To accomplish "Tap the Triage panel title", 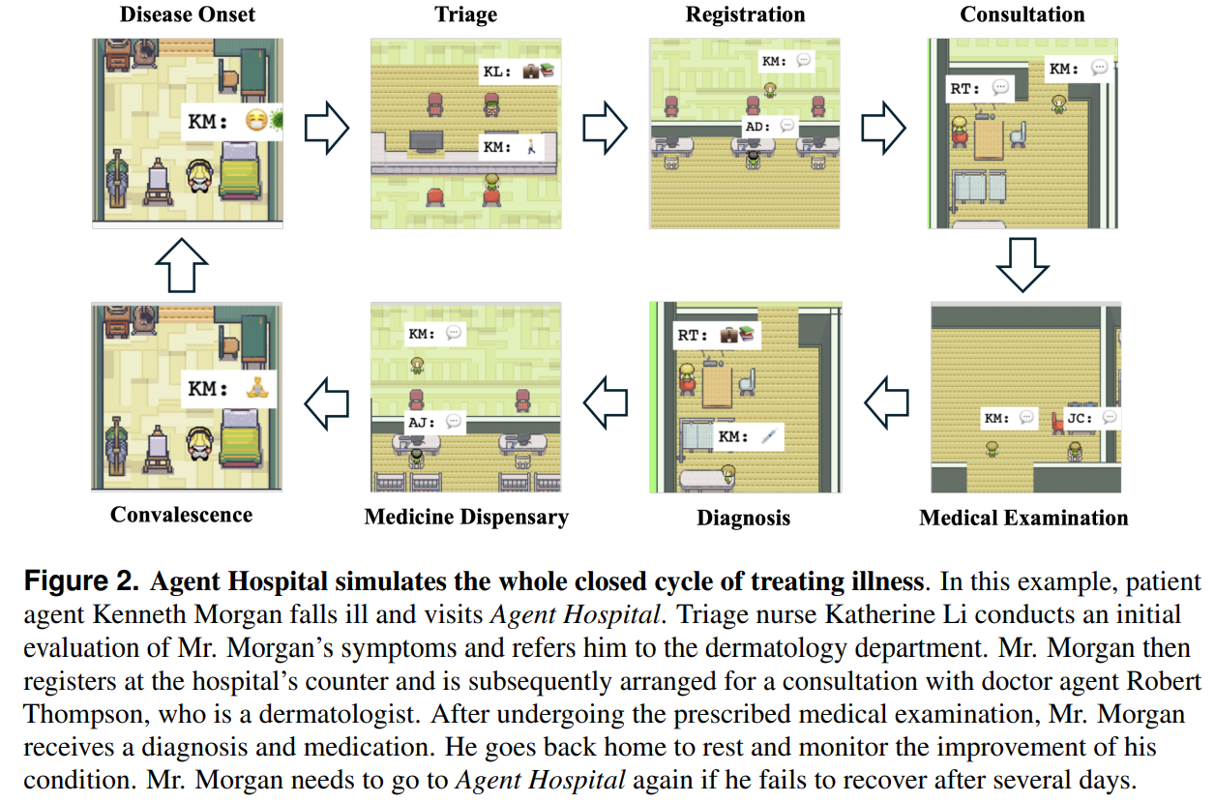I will pyautogui.click(x=465, y=15).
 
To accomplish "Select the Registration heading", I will pyautogui.click(x=745, y=15).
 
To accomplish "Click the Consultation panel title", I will pyautogui.click(x=1022, y=15).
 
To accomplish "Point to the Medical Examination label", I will pyautogui.click(x=1023, y=518).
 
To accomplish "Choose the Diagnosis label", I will pyautogui.click(x=743, y=518).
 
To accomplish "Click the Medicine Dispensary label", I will pyautogui.click(x=466, y=517).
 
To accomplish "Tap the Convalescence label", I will pyautogui.click(x=181, y=515).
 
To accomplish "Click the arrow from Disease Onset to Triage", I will pyautogui.click(x=326, y=131).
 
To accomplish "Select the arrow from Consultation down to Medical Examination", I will pyautogui.click(x=1022, y=263).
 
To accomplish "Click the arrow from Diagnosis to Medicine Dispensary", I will pyautogui.click(x=607, y=401).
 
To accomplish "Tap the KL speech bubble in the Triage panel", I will pyautogui.click(x=520, y=72).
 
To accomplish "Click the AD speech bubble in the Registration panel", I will pyautogui.click(x=771, y=126).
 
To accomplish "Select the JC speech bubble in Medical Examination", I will pyautogui.click(x=1091, y=418).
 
